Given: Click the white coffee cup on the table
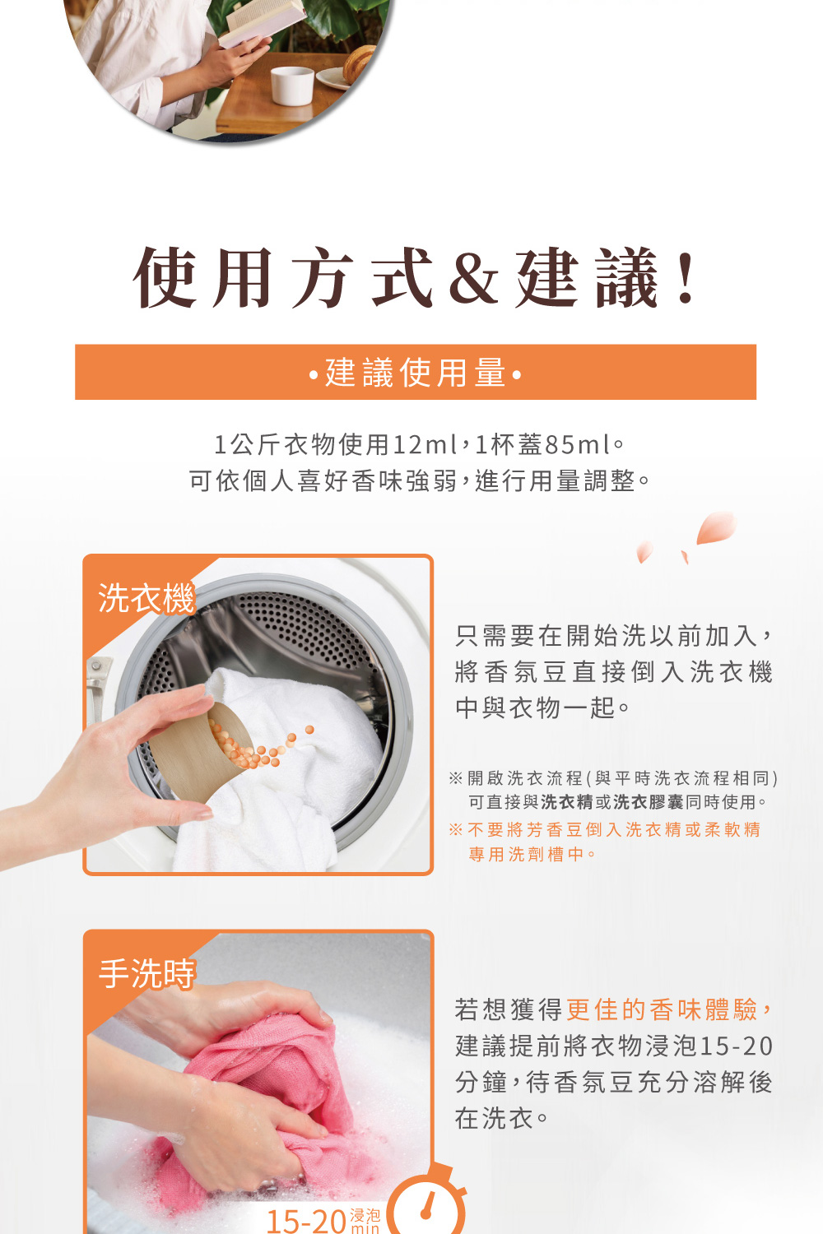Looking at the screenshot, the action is click(292, 86).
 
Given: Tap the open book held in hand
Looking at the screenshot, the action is click(263, 22).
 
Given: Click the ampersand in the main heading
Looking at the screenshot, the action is click(473, 278).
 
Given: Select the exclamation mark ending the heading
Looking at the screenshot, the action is click(686, 278).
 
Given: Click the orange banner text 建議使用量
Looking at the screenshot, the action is click(416, 373).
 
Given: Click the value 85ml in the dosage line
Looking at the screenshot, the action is click(578, 444).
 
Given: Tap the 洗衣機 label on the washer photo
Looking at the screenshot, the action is click(146, 598).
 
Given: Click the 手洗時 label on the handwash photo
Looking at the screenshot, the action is click(146, 974).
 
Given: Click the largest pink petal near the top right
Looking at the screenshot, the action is click(716, 527).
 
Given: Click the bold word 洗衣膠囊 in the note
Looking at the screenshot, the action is click(649, 802).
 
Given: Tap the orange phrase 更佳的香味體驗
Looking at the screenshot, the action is click(662, 1009).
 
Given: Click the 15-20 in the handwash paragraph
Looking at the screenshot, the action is click(736, 1046).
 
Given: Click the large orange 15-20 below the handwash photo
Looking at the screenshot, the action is click(306, 1220).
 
